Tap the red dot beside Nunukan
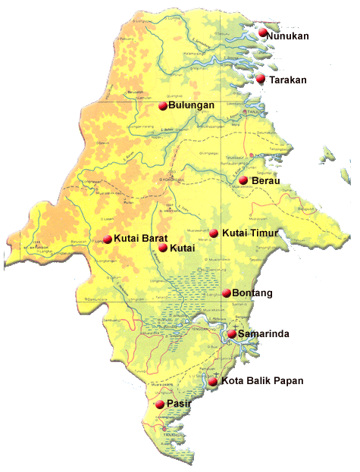[x=263, y=33]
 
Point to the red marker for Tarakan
[x=261, y=78]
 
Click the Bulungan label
[x=192, y=106]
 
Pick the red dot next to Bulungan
[x=162, y=106]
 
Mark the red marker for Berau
[x=244, y=180]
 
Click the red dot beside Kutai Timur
[x=214, y=233]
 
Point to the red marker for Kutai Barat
[x=108, y=239]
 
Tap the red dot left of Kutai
[x=163, y=248]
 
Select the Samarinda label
[x=263, y=334]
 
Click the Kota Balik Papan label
[x=263, y=381]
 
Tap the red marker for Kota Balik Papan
[x=214, y=381]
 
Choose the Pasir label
[x=179, y=405]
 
